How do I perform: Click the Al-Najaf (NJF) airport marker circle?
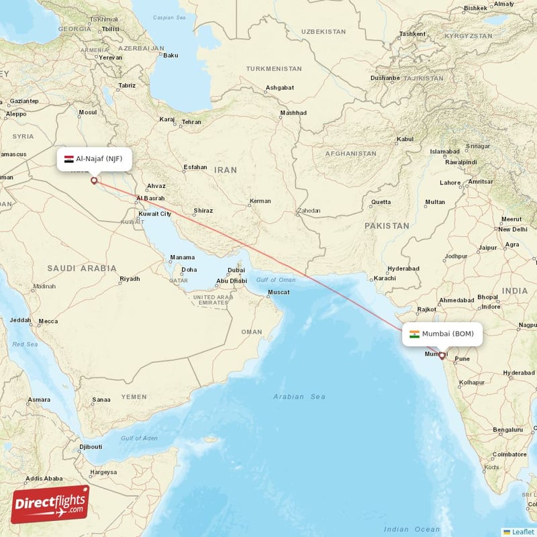94,180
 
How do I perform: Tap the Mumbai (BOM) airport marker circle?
442,356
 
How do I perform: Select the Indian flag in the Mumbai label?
415,334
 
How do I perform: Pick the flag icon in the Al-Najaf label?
68,159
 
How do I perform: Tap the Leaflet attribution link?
522,531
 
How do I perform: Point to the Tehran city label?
191,122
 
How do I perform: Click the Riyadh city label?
130,279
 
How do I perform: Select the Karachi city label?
385,278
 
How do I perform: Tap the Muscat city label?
279,292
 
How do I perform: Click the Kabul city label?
405,140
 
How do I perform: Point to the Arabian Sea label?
299,397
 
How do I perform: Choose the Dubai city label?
236,271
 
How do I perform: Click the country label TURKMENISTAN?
274,68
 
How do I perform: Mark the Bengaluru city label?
507,430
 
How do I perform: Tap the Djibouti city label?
91,446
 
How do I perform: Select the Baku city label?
170,55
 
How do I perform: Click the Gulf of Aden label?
139,438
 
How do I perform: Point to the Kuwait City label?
154,213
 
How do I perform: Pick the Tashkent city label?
412,34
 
